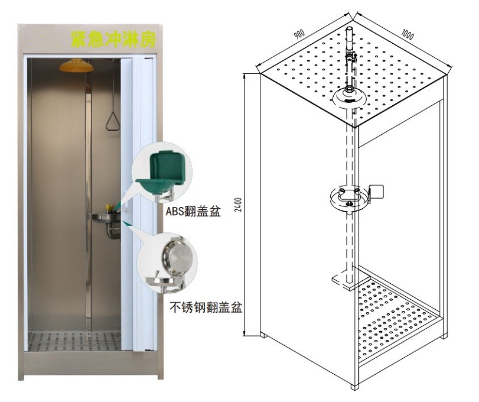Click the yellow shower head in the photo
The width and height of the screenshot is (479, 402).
(76, 66)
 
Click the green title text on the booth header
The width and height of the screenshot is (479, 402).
(113, 39)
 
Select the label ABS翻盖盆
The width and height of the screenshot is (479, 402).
(193, 211)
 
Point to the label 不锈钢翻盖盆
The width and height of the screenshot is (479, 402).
(206, 307)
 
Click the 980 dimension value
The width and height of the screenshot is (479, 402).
(299, 34)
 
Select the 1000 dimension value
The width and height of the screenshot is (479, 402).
(407, 34)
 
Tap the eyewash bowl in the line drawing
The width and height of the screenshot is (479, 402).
(348, 199)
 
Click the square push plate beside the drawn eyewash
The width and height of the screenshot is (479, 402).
(376, 192)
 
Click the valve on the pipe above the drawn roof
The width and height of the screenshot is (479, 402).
(350, 57)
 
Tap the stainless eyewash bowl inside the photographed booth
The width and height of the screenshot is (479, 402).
(104, 218)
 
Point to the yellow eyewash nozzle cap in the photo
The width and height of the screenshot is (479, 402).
(108, 209)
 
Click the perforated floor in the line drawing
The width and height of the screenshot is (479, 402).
(397, 318)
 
